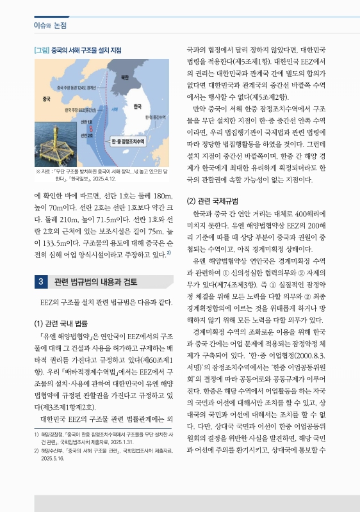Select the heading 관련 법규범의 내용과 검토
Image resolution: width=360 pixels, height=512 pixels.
tap(95, 282)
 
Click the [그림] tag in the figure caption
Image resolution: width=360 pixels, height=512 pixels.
tap(41, 49)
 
